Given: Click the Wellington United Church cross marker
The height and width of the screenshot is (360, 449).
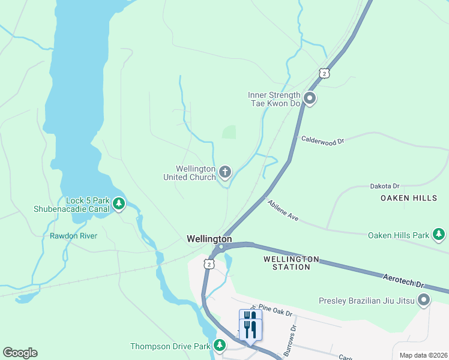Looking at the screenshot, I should click(225, 173).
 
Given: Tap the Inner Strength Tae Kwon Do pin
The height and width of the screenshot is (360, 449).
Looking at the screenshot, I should click(310, 98).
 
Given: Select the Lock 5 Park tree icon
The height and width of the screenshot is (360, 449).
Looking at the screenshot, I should click(119, 204).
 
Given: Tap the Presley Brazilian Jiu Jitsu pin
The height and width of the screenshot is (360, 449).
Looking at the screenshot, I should click(424, 300).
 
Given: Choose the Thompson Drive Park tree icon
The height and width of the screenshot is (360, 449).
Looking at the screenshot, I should click(220, 346).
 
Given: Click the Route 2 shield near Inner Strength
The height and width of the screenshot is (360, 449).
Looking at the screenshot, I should click(324, 73).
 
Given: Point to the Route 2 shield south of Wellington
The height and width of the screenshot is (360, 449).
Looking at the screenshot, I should click(208, 263).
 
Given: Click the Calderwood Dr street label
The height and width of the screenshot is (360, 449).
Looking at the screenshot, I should click(322, 141).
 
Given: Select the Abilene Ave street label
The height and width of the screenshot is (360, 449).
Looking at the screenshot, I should click(283, 211).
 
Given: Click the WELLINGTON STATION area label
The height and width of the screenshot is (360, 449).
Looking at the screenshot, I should click(291, 262).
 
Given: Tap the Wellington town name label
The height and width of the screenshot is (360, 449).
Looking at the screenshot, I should click(209, 239).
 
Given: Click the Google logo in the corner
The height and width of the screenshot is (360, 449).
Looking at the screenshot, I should click(20, 353).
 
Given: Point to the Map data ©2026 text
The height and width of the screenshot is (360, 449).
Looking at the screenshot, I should click(423, 355).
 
